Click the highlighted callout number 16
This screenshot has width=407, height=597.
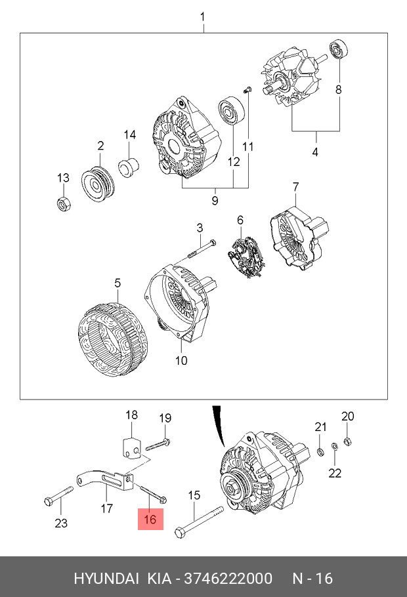point(150,520)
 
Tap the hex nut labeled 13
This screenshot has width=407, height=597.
point(64,204)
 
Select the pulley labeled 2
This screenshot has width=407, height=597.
point(97,184)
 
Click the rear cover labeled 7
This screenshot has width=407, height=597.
point(299,236)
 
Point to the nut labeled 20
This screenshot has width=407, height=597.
point(349,440)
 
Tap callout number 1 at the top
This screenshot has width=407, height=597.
point(203,16)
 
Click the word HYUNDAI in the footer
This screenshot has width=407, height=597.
point(106,578)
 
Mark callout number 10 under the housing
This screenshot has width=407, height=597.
point(181,360)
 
